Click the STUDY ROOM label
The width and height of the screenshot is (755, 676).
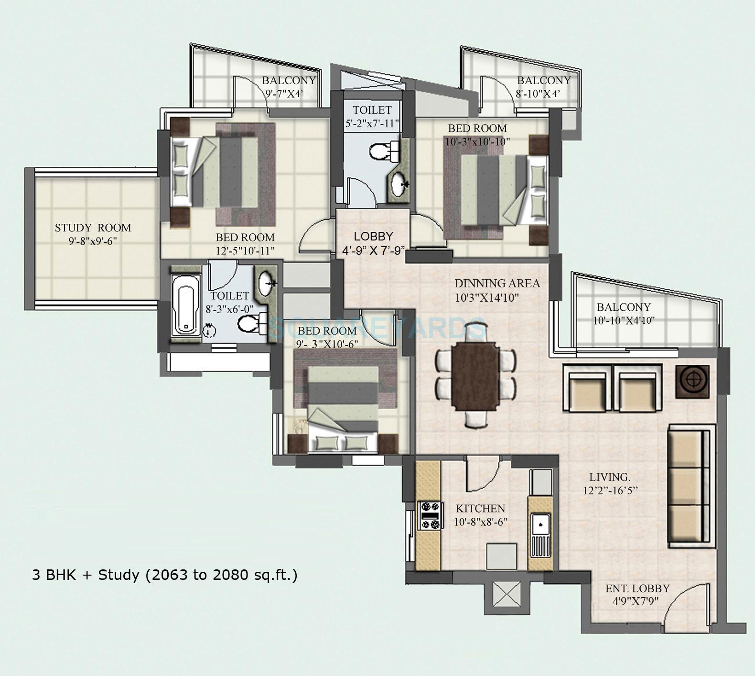(x=93, y=228)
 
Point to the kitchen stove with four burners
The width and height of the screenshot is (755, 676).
(x=429, y=515)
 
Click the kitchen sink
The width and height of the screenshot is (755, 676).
(x=540, y=524)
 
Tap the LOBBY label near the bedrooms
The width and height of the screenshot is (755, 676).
(x=373, y=236)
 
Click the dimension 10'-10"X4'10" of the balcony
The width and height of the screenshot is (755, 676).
(x=623, y=321)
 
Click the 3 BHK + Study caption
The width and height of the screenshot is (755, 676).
(x=164, y=575)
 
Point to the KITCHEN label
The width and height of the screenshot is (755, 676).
(x=480, y=508)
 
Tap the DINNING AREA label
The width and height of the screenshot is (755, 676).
(x=497, y=283)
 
